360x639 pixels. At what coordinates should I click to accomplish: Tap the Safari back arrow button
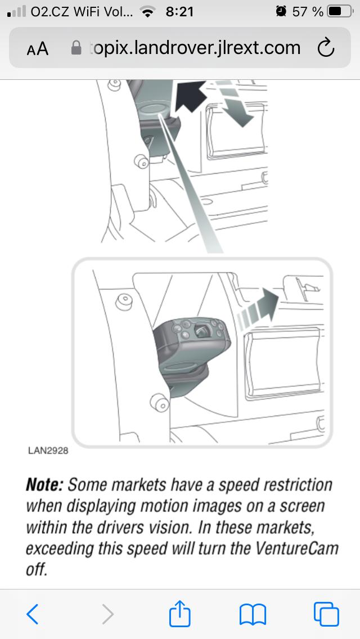point(33,614)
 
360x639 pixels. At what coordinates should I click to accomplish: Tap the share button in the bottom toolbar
point(180,612)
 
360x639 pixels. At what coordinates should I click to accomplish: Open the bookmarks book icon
point(253,615)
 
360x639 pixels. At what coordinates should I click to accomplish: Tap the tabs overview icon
point(326,614)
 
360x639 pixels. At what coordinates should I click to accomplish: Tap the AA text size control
point(38,49)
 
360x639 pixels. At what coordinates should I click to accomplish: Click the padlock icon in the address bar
point(76,48)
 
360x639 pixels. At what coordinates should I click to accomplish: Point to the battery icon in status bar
point(340,11)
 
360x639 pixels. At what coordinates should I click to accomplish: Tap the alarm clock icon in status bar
point(281,11)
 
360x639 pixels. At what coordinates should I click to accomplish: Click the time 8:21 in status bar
point(179,12)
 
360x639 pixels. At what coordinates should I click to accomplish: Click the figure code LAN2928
point(48,451)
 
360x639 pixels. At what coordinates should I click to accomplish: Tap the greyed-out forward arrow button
point(107,614)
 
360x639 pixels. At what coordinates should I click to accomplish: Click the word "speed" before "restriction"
point(239,485)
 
